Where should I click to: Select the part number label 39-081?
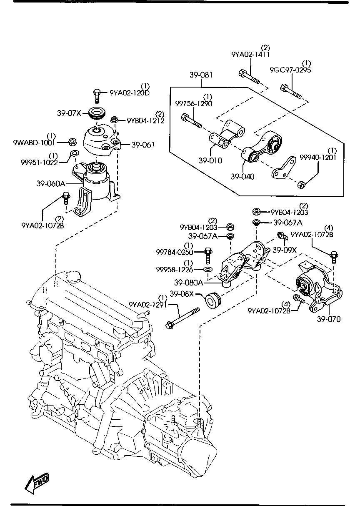pos(201,75)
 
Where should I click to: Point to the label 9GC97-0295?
pos(290,70)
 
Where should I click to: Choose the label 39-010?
pos(210,160)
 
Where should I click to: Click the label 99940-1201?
pos(318,157)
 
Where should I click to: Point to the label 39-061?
pos(143,145)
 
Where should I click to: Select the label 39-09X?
pos(285,250)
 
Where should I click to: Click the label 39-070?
pos(328,319)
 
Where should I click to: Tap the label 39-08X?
pos(181,294)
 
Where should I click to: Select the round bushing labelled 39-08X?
pos(212,300)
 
